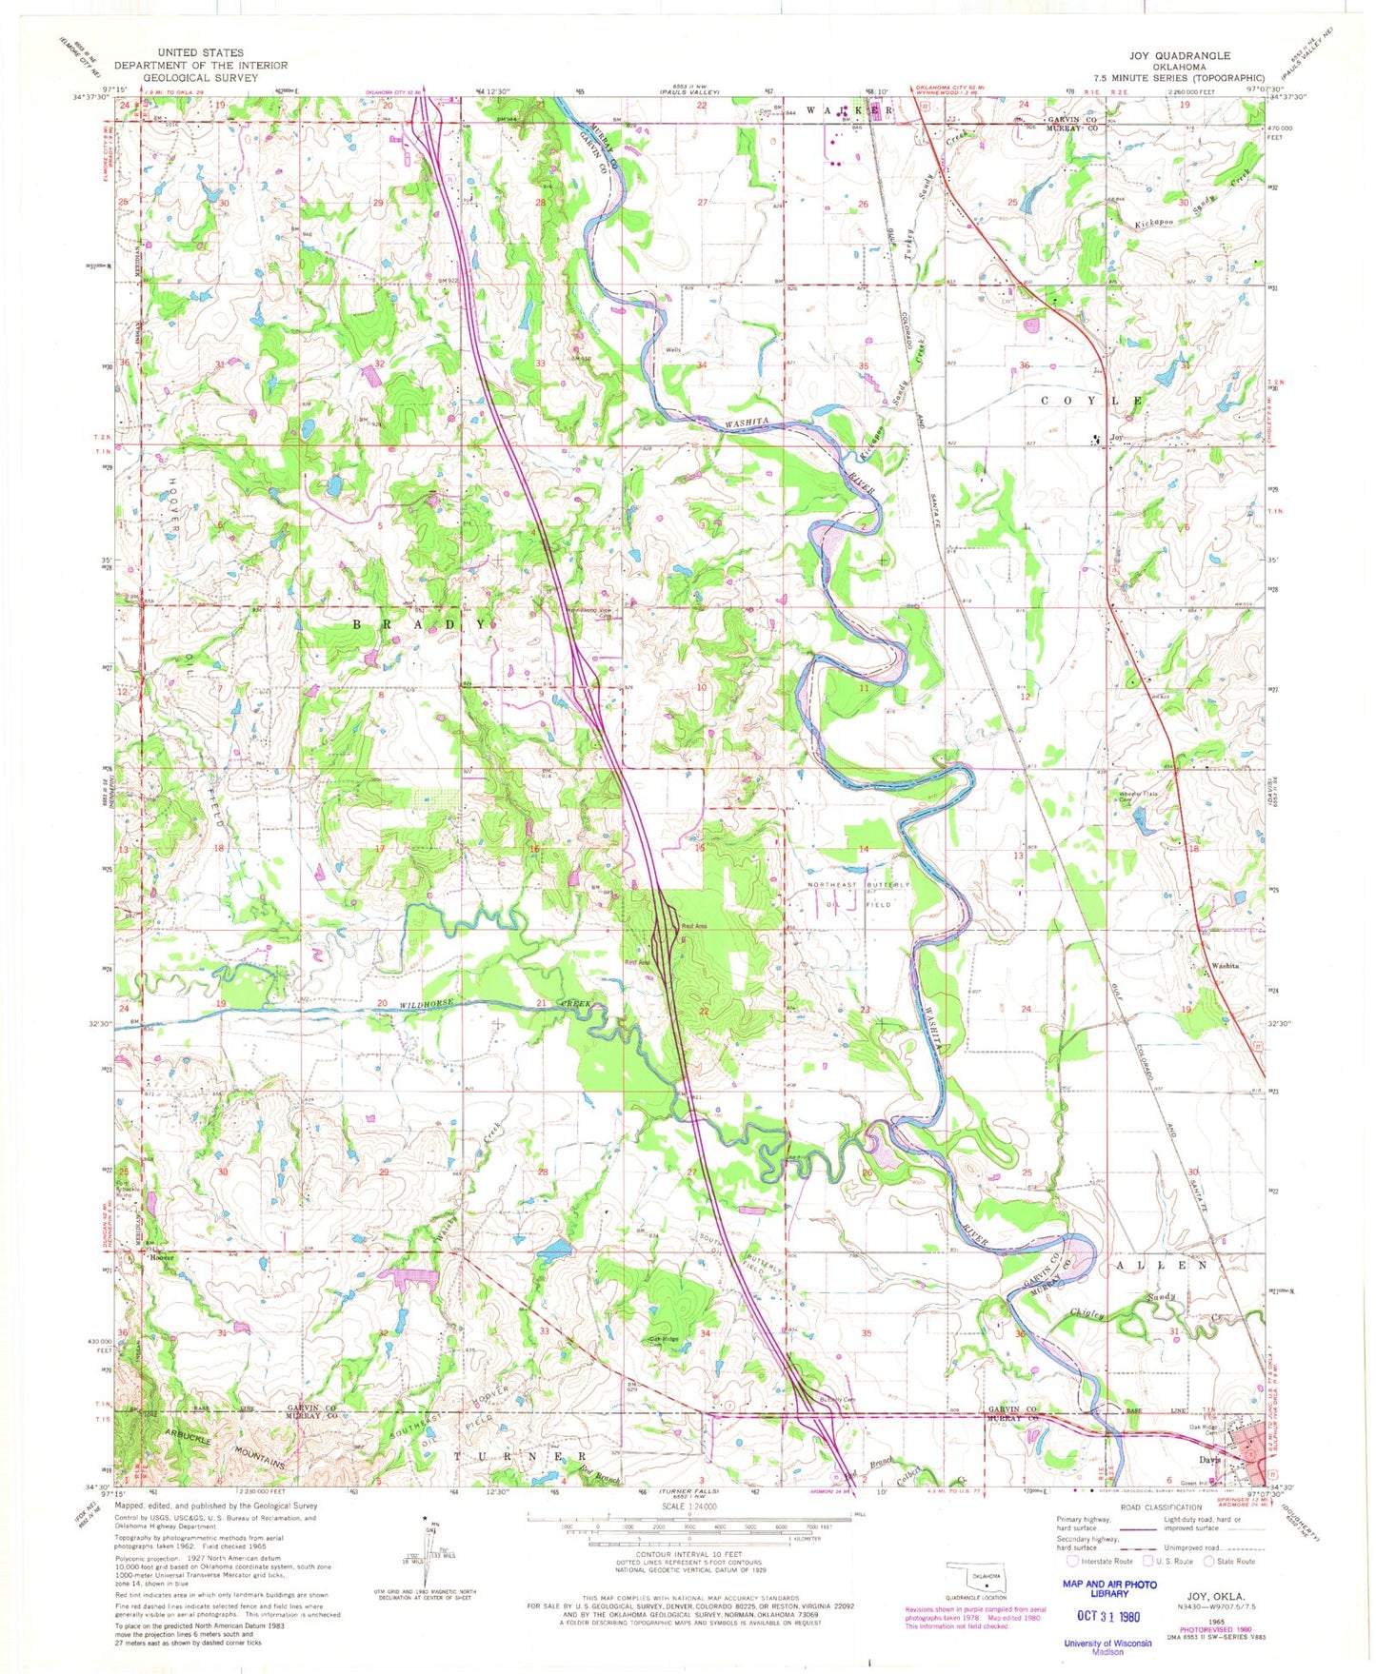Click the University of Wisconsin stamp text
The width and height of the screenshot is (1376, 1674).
tap(1107, 1643)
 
